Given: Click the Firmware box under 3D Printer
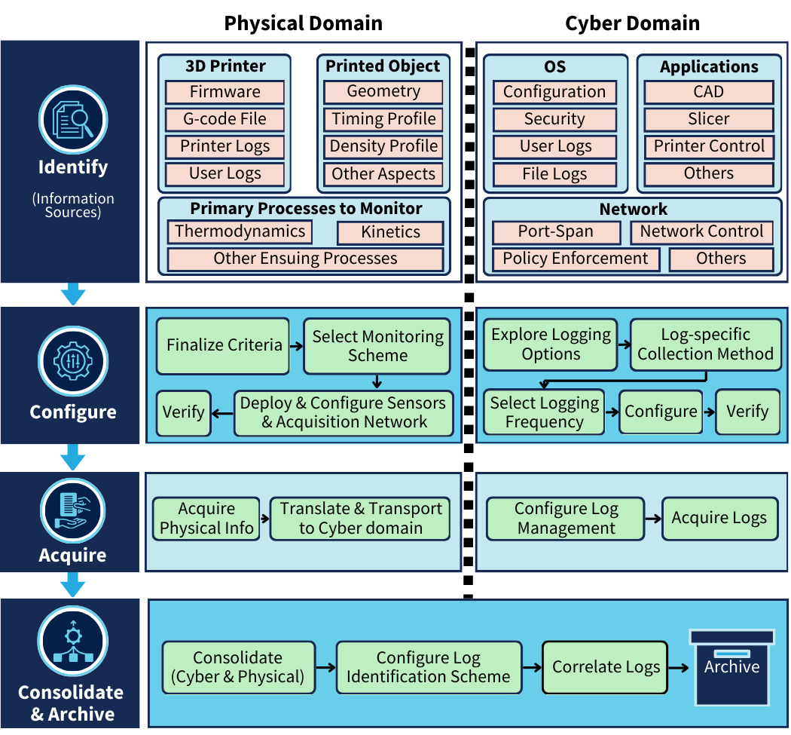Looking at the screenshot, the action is click(x=225, y=92).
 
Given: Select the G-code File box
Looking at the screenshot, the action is click(x=225, y=119).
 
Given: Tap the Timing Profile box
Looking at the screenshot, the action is click(x=383, y=119).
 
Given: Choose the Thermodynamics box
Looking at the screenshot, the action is click(x=240, y=231).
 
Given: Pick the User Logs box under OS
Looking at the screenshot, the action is click(x=555, y=147).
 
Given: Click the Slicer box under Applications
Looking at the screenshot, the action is click(x=709, y=119).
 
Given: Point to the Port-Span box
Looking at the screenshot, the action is click(x=556, y=231).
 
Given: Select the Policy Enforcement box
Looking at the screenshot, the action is click(x=576, y=259).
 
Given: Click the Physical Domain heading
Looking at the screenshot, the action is click(x=303, y=23).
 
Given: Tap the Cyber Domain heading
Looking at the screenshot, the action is click(x=632, y=23).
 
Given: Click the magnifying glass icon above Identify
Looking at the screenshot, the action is click(x=73, y=120).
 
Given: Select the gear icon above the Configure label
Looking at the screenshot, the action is click(x=73, y=361).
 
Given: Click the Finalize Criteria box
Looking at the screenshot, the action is click(x=223, y=346).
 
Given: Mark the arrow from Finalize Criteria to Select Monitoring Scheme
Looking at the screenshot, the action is click(x=297, y=346).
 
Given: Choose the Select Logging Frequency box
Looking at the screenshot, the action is click(x=545, y=412).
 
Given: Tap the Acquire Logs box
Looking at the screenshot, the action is click(x=719, y=519).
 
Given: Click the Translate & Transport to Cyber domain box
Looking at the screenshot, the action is click(x=360, y=519).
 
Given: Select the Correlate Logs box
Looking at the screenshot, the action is click(x=605, y=667).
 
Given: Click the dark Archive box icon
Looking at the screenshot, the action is click(x=732, y=667).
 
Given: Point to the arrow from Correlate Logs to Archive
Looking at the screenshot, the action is click(x=679, y=668).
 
